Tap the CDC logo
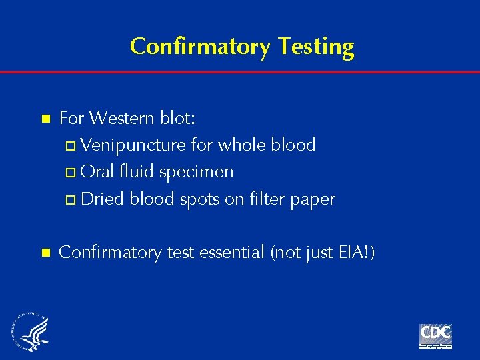click(435, 335)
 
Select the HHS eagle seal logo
click(30, 331)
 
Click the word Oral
click(97, 172)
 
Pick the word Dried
click(103, 199)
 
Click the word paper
click(313, 199)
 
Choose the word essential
click(230, 253)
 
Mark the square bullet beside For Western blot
click(46, 119)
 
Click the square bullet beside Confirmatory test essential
click(46, 253)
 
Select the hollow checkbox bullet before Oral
click(73, 173)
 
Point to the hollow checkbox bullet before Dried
click(73, 199)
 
